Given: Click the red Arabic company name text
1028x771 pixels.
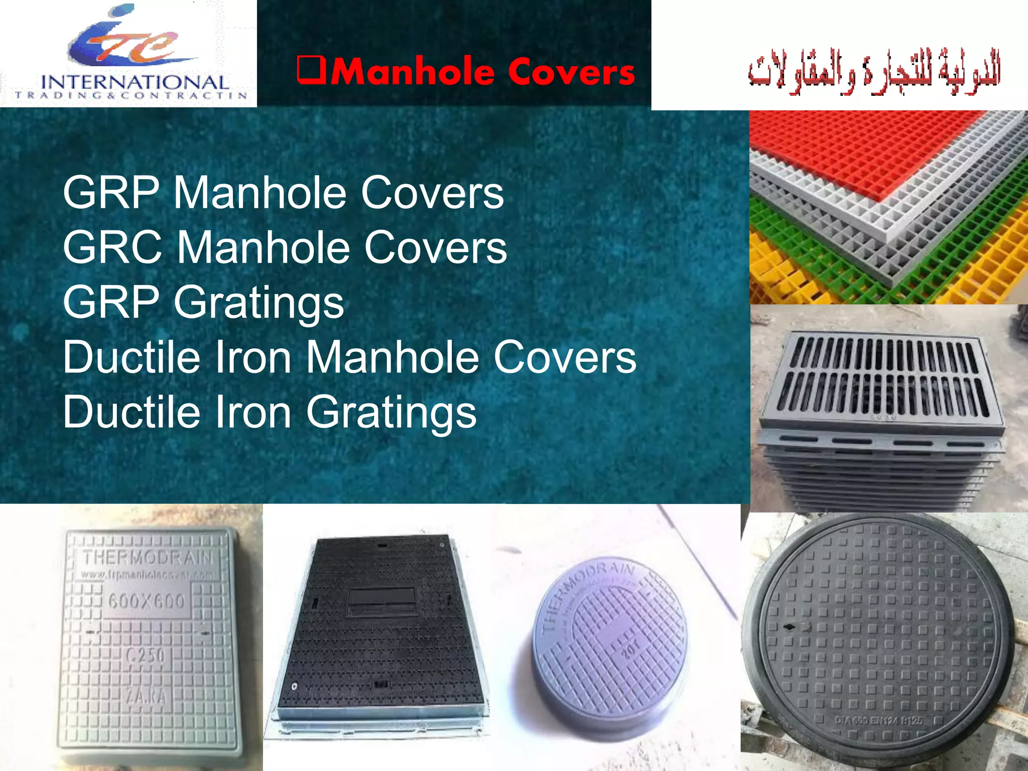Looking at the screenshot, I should [x=874, y=73].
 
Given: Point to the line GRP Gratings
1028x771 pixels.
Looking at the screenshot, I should [x=203, y=302].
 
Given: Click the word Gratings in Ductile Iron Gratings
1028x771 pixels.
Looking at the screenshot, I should [x=391, y=412].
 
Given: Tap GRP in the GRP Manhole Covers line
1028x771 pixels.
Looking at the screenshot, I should [x=111, y=193].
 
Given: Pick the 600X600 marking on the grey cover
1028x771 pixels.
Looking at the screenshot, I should [x=147, y=601].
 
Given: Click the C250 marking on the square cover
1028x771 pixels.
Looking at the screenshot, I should [x=146, y=656].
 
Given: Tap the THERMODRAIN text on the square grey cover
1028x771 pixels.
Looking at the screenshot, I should [x=148, y=558].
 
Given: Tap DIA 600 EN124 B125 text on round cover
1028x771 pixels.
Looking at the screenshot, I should [x=878, y=720].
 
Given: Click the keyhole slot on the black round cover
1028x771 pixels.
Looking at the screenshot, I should [x=789, y=627].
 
